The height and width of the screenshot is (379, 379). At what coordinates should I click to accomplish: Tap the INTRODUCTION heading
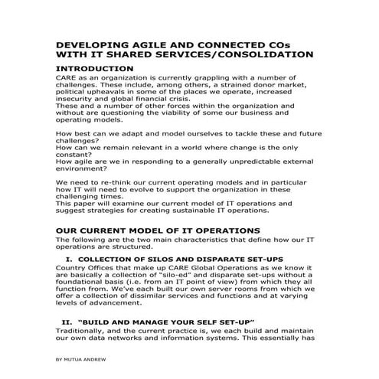pyautogui.click(x=95, y=68)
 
